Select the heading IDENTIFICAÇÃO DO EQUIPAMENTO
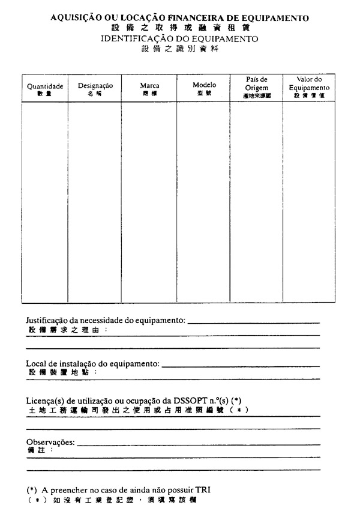pyautogui.click(x=179, y=38)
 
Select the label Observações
pyautogui.click(x=50, y=442)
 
